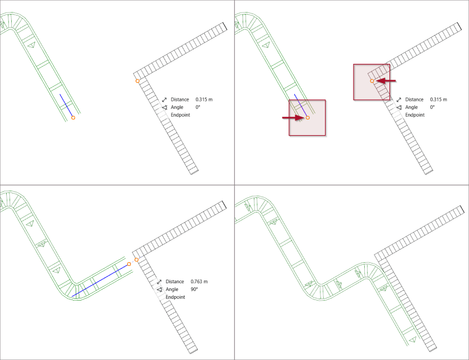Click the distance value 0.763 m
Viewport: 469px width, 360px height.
(x=199, y=281)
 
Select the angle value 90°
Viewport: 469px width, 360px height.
(x=194, y=289)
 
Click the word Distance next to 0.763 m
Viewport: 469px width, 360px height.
(x=175, y=281)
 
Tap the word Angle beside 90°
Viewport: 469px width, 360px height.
(x=171, y=290)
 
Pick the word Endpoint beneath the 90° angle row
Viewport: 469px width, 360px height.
(x=175, y=297)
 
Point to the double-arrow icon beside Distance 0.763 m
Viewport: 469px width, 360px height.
(x=159, y=281)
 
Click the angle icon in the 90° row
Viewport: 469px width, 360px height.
(x=160, y=289)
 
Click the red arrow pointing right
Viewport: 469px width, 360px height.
(x=293, y=118)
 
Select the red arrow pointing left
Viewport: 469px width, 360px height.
(x=386, y=81)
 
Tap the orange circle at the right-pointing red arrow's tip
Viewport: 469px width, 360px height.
(x=308, y=118)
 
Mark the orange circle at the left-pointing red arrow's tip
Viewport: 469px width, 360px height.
(x=372, y=81)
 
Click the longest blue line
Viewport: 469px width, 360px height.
(x=100, y=280)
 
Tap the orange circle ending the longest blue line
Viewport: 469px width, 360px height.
(x=129, y=264)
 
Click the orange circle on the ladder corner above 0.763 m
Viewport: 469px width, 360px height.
(x=136, y=260)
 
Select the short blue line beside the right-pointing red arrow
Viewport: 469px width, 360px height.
(x=300, y=105)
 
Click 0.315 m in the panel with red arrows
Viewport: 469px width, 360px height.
(x=439, y=100)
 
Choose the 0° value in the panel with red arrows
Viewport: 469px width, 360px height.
(x=432, y=107)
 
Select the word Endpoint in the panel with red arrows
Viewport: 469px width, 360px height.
(x=415, y=115)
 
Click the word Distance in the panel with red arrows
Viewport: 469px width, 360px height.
(x=414, y=100)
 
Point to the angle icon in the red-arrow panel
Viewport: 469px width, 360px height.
(x=399, y=108)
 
